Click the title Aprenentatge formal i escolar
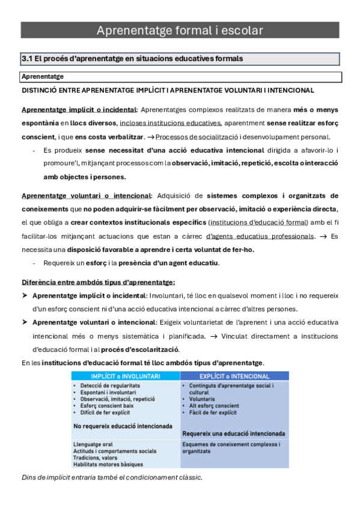180,30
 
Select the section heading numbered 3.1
132,59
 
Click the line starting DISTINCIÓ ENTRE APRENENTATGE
168,90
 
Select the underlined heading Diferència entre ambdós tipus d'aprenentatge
98,283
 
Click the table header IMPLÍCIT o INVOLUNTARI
124,375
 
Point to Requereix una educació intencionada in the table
234,433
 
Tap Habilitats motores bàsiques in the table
108,464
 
